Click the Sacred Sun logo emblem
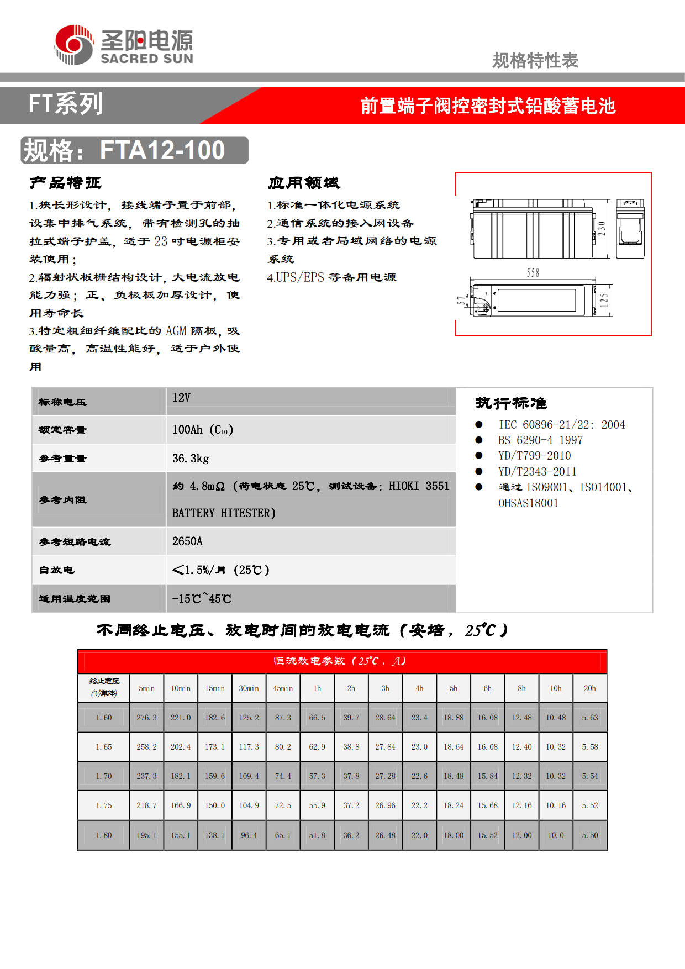[x=74, y=45]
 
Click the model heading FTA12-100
[x=162, y=150]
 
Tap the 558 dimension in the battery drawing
[x=533, y=272]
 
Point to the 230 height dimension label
[x=602, y=229]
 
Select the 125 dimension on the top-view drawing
[x=604, y=301]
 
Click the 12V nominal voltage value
[x=181, y=398]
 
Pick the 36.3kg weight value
[x=191, y=458]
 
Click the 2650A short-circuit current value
[x=187, y=541]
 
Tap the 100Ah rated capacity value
[x=202, y=430]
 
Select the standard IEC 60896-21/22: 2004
[x=561, y=425]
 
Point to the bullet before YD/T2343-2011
[x=479, y=471]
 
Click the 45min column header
[x=283, y=688]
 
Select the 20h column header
[x=589, y=688]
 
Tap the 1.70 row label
[x=104, y=776]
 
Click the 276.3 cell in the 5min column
[x=146, y=718]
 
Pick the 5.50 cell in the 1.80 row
[x=589, y=835]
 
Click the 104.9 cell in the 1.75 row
[x=249, y=805]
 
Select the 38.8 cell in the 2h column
[x=351, y=747]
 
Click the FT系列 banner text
[x=66, y=104]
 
